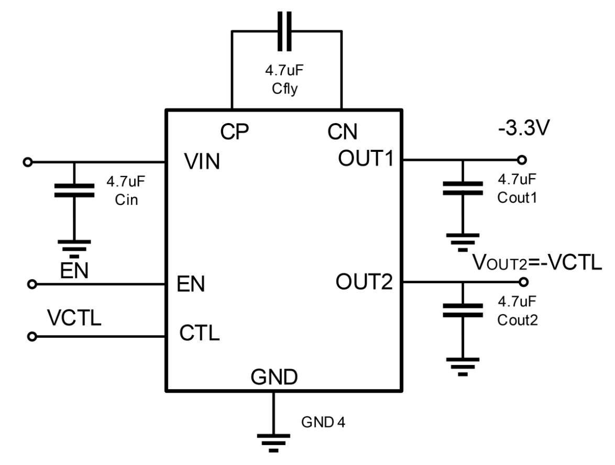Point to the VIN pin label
(x=202, y=163)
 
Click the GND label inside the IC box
(x=274, y=377)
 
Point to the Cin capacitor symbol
(x=74, y=190)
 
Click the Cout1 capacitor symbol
(x=462, y=189)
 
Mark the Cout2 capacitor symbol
(x=462, y=310)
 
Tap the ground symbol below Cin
(x=74, y=247)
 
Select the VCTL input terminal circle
(x=32, y=337)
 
